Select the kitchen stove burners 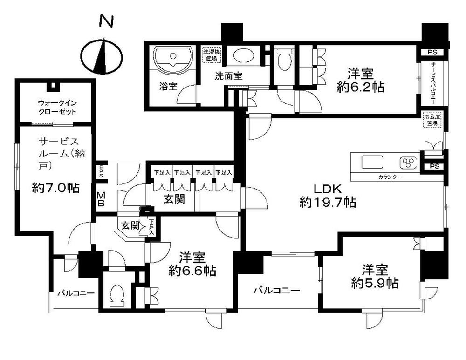click(x=408, y=163)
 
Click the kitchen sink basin click(x=372, y=163)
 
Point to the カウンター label click(x=391, y=177)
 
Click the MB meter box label click(x=101, y=199)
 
